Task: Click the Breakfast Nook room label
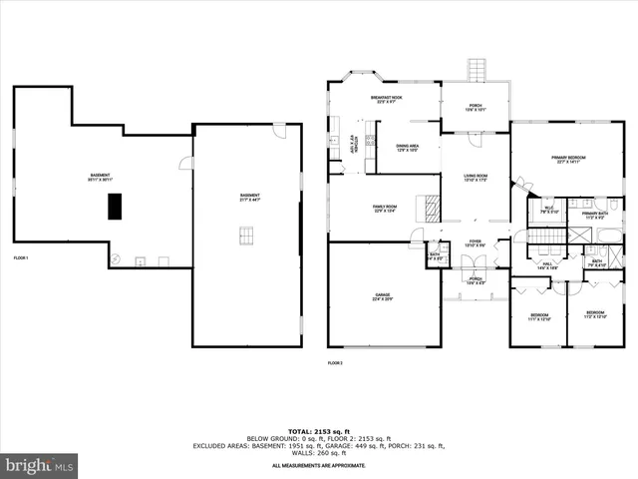click(x=384, y=99)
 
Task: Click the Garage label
click(x=382, y=296)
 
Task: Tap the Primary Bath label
click(x=595, y=213)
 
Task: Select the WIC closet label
click(x=547, y=210)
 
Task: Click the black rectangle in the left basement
click(x=115, y=206)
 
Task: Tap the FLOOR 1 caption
click(x=20, y=258)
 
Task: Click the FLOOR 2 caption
click(x=335, y=362)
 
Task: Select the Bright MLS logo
click(x=40, y=465)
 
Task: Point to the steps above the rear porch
click(x=476, y=71)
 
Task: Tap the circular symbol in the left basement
click(x=117, y=259)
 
